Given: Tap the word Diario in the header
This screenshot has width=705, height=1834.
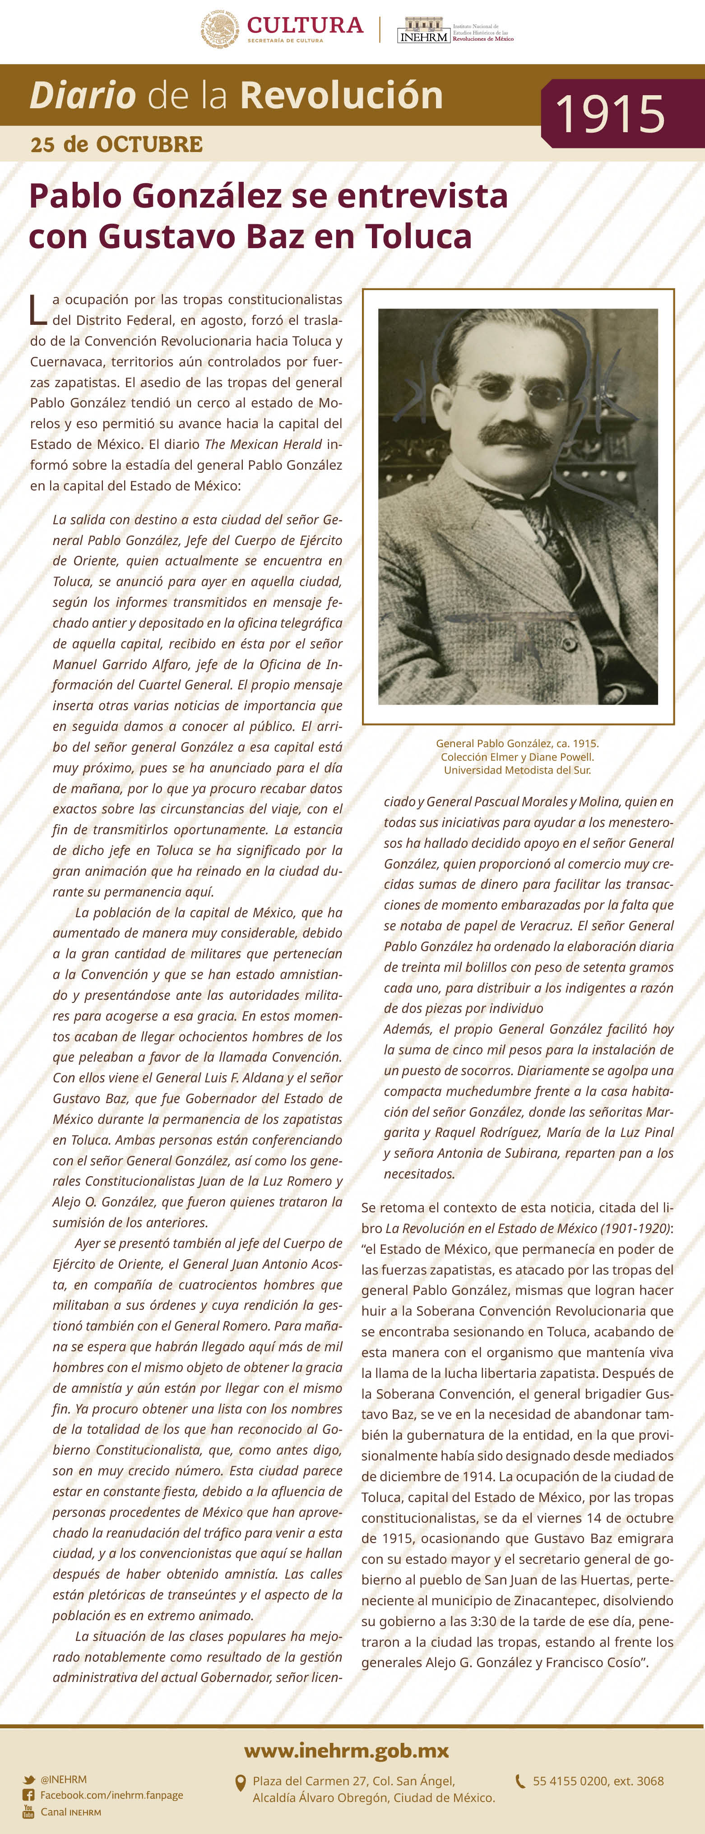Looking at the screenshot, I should pyautogui.click(x=83, y=95).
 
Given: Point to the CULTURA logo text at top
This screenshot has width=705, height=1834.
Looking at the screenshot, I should pyautogui.click(x=305, y=26).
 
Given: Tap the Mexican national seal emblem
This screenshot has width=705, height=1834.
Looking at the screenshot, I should pyautogui.click(x=219, y=29).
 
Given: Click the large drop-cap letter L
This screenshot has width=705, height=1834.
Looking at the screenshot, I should pyautogui.click(x=38, y=310).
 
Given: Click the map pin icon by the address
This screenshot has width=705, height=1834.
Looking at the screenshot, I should pyautogui.click(x=241, y=1783).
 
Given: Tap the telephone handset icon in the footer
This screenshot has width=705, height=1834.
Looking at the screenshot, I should pyautogui.click(x=520, y=1781).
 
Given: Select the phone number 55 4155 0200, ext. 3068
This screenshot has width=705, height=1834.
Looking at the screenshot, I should pyautogui.click(x=598, y=1781).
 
